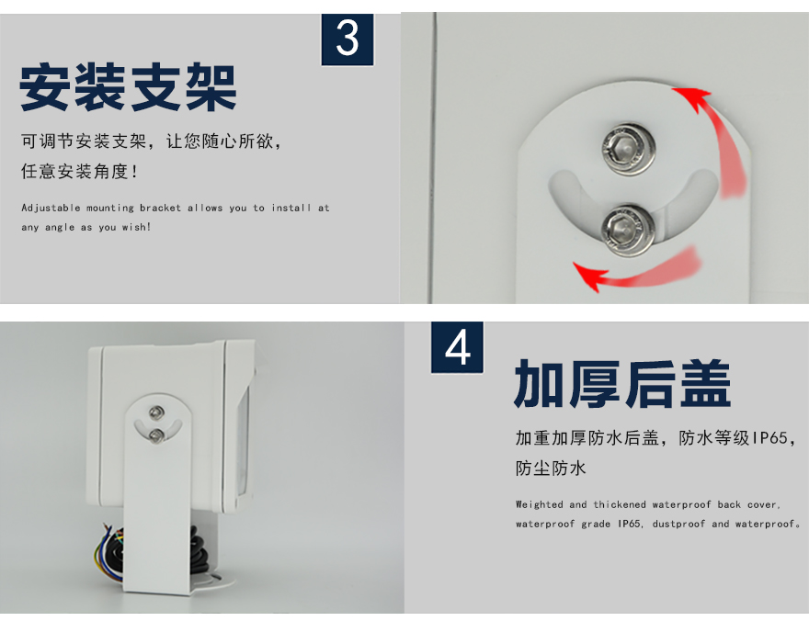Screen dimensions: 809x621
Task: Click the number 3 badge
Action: tap(348, 40)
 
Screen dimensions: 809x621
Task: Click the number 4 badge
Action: tap(457, 347)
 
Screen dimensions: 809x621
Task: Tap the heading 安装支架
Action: tap(128, 87)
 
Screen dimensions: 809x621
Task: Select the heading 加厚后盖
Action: tap(622, 384)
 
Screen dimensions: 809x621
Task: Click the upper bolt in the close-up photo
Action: tap(628, 149)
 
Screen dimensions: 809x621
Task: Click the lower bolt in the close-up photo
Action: tap(628, 230)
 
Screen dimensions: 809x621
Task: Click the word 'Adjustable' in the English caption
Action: tap(51, 209)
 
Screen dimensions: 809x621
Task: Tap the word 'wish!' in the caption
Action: tap(136, 227)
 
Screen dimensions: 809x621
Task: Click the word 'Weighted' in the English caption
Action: tap(539, 505)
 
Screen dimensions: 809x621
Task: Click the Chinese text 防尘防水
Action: tap(551, 468)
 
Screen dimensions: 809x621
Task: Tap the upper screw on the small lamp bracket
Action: tap(156, 412)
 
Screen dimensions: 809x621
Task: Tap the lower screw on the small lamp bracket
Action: tap(156, 436)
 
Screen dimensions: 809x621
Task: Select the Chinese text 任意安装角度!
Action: tap(79, 171)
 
